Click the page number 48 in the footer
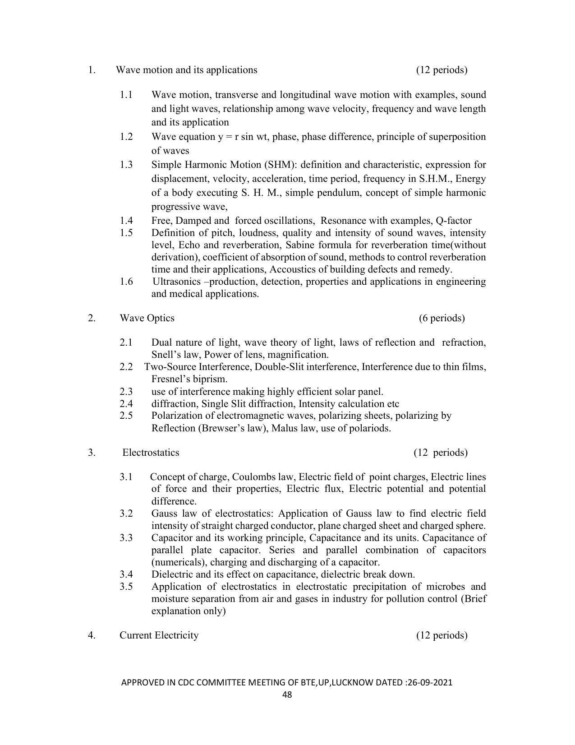tap(287, 694)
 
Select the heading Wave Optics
tap(147, 318)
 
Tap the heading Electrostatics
tap(151, 453)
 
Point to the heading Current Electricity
tap(159, 635)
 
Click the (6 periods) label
tap(442, 318)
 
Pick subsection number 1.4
tap(126, 221)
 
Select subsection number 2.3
tap(126, 391)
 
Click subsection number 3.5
tap(126, 587)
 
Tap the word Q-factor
tap(454, 221)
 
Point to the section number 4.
tap(92, 635)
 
